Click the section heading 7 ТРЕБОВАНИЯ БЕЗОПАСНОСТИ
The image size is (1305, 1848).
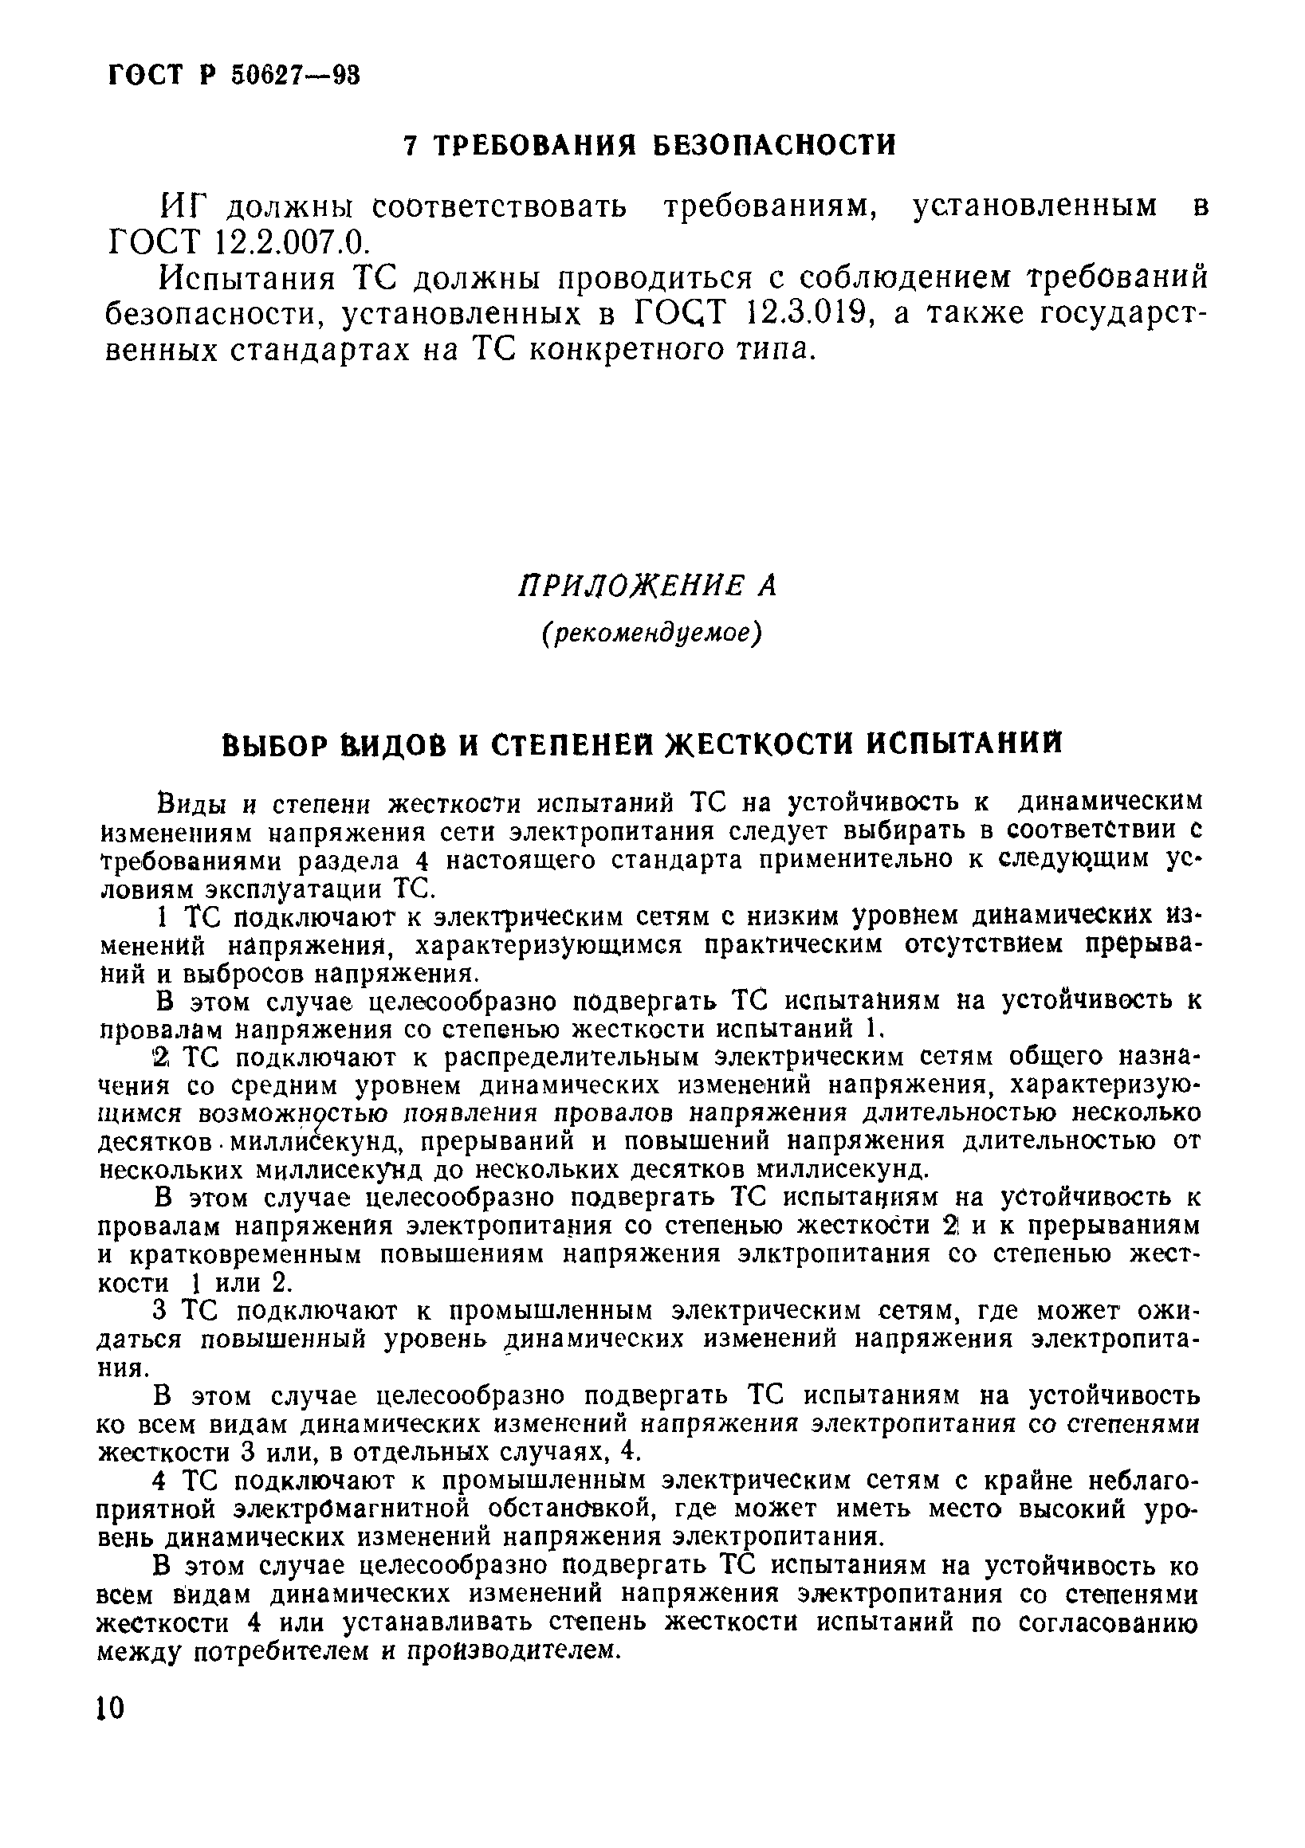tap(650, 146)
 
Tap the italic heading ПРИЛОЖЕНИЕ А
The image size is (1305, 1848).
tap(648, 586)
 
